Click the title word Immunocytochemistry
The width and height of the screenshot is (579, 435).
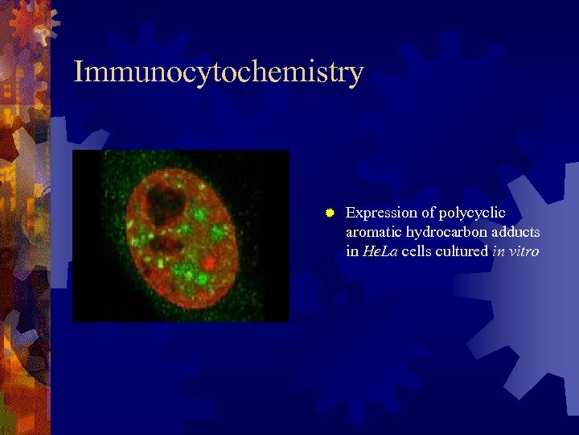point(218,72)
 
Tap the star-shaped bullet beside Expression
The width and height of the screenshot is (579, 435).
point(329,213)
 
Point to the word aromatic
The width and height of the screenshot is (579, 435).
point(374,232)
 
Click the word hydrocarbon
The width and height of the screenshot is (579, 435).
point(444,232)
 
